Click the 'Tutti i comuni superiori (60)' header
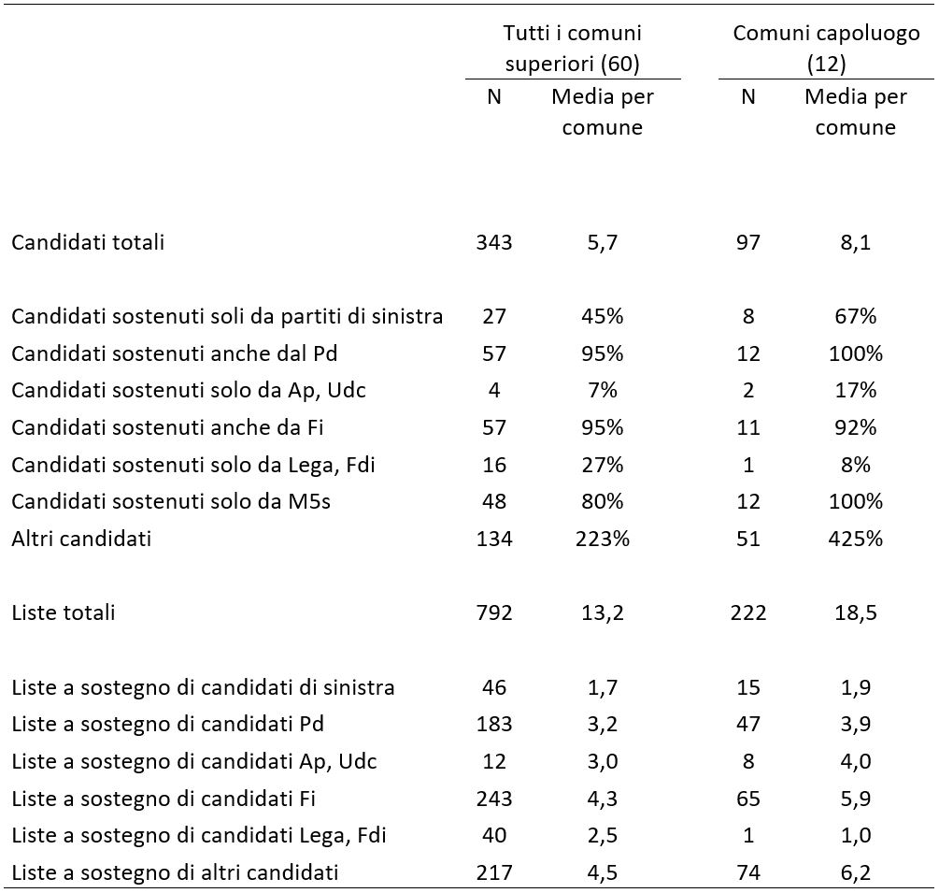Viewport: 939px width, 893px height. pos(573,48)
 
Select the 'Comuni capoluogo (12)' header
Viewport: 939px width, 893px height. pos(827,48)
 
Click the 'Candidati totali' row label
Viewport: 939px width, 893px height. pos(88,242)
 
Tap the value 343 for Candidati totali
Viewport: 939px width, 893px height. pos(494,242)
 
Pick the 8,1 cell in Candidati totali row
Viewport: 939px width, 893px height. pos(855,242)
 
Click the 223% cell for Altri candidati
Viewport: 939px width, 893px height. pos(603,539)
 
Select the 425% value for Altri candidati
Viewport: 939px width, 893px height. pos(855,539)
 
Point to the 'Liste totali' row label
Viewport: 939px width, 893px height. pos(63,612)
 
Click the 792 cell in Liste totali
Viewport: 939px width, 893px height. pos(494,612)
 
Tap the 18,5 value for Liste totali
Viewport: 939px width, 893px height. pos(855,612)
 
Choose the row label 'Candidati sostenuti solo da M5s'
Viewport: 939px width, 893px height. pos(171,501)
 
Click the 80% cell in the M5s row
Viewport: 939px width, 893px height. pos(603,501)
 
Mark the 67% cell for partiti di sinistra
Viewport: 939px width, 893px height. pos(855,316)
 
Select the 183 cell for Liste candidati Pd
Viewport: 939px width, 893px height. pos(494,724)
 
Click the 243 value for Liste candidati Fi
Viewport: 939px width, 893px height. pos(494,799)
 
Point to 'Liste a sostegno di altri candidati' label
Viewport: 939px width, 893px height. pos(175,872)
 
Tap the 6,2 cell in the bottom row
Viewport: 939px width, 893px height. pos(855,872)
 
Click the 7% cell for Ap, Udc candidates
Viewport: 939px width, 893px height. pos(603,390)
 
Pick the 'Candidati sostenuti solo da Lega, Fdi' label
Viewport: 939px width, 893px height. pos(192,465)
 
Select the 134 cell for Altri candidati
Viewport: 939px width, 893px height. pos(494,539)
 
